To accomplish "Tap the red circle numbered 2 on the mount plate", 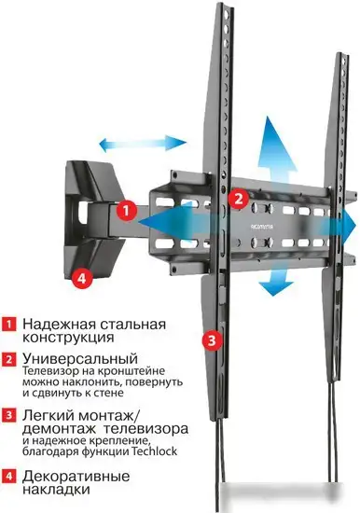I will pyautogui.click(x=238, y=199).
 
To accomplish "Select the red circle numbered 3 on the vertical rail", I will pyautogui.click(x=212, y=340).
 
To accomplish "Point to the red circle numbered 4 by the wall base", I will pyautogui.click(x=81, y=277).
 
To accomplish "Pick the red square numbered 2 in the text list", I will pyautogui.click(x=8, y=359).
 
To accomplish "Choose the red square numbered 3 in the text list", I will pyautogui.click(x=8, y=414).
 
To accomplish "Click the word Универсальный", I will pyautogui.click(x=72, y=358).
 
